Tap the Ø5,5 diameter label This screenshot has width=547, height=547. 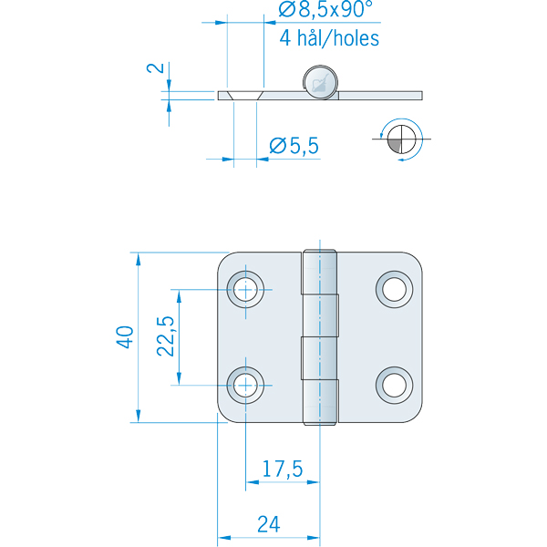click(x=294, y=144)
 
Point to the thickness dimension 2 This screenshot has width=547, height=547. click(x=156, y=69)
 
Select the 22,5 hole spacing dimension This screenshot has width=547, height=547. click(x=165, y=337)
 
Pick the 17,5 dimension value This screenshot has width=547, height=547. click(x=282, y=470)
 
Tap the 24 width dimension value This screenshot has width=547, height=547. click(x=267, y=524)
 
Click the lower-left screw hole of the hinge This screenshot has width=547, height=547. click(x=245, y=385)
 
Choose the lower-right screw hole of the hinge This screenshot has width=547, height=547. click(x=394, y=385)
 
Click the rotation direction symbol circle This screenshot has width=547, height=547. click(x=401, y=139)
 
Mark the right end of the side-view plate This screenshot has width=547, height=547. click(x=421, y=94)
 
